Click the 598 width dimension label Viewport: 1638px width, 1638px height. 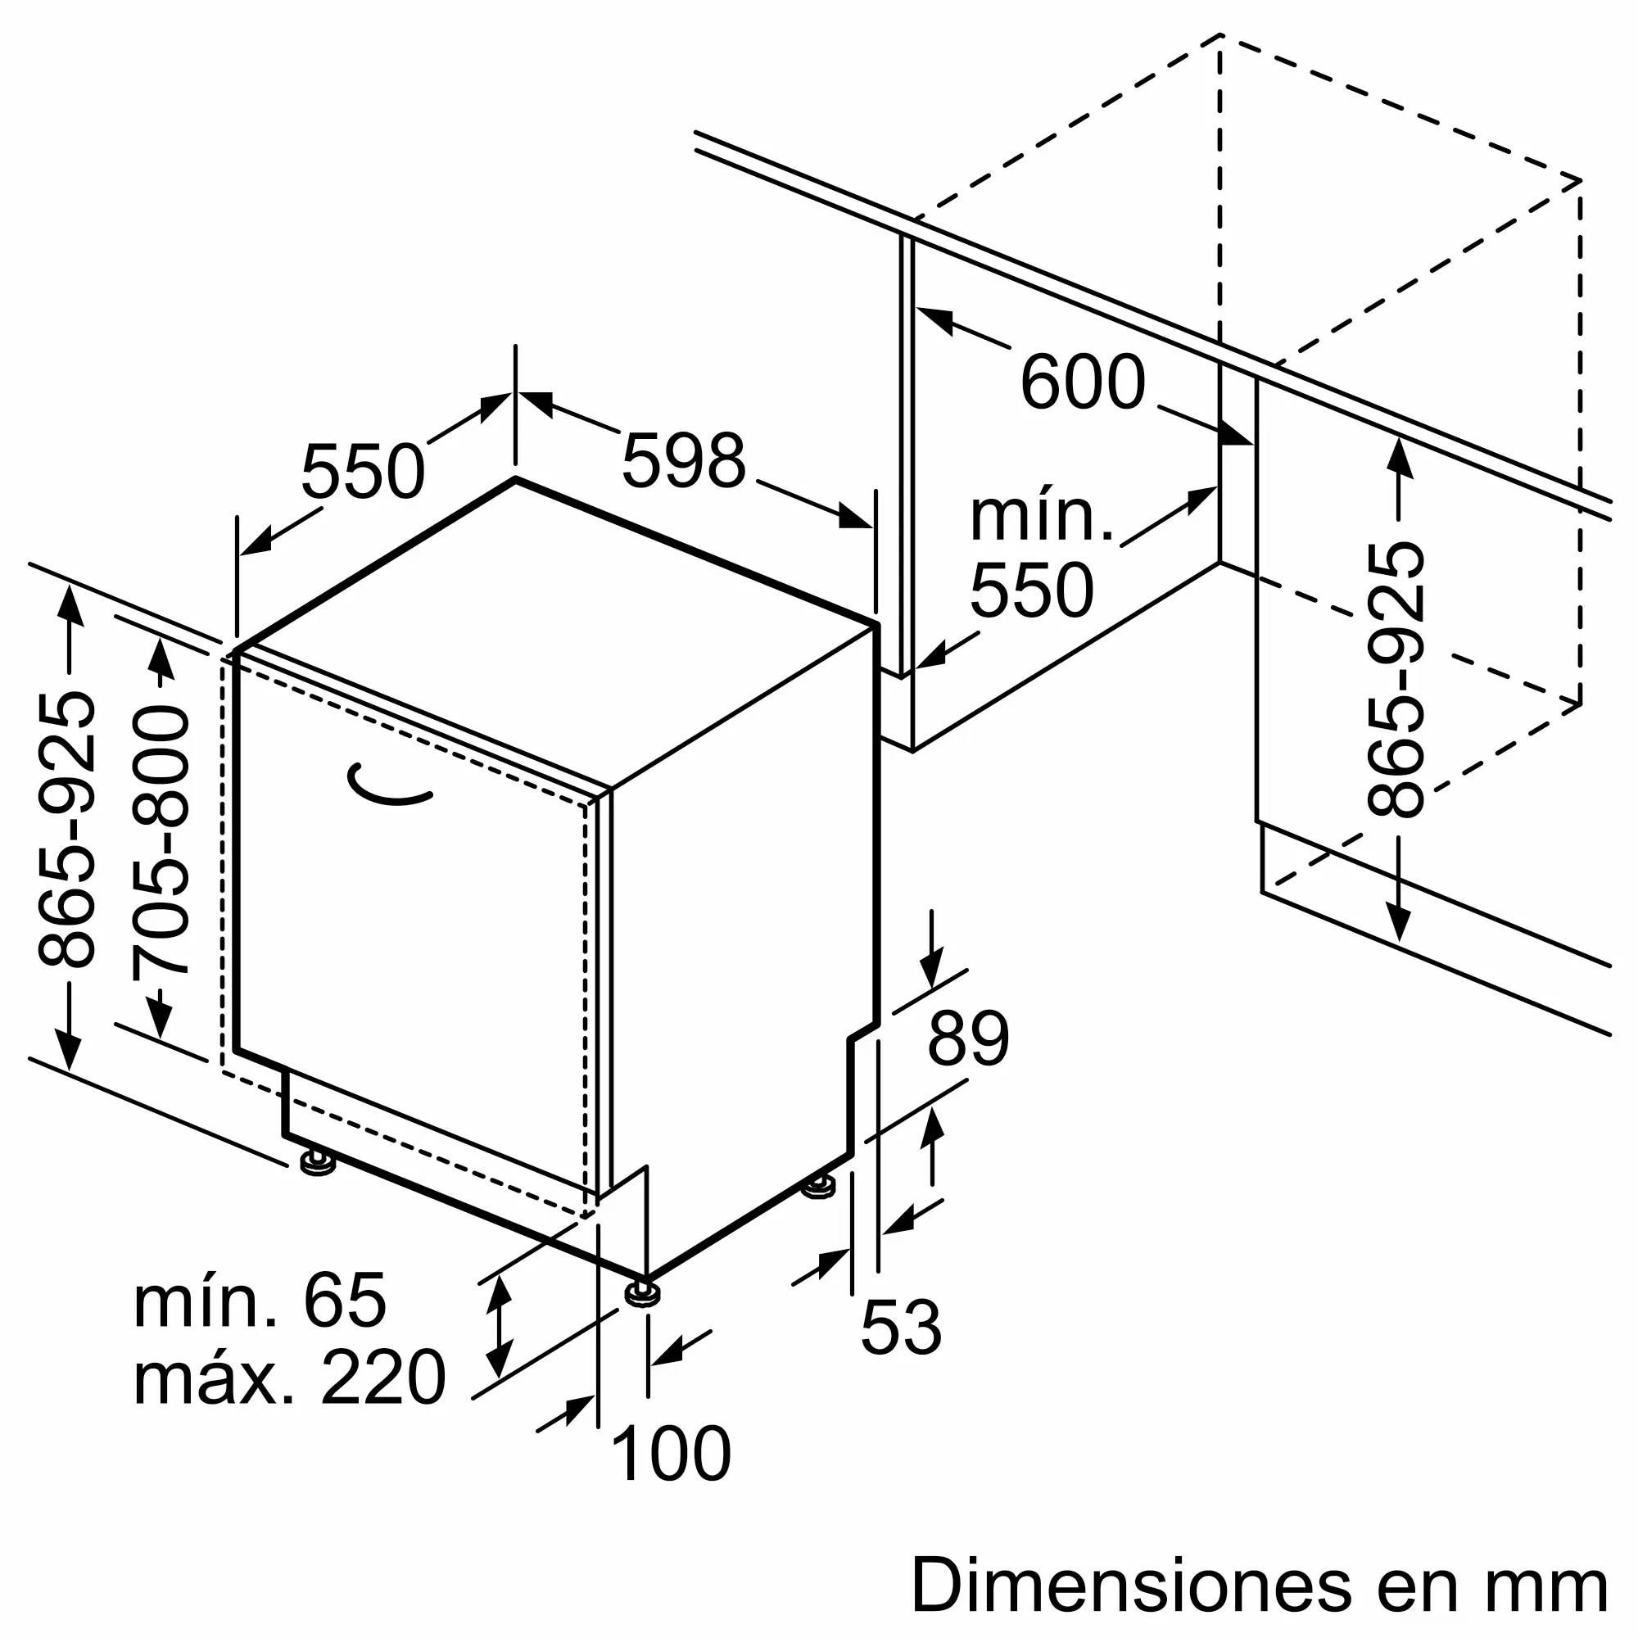[683, 460]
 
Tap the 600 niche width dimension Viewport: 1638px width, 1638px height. [1083, 382]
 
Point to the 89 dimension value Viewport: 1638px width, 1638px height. [968, 1038]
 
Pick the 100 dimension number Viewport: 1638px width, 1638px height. [670, 1455]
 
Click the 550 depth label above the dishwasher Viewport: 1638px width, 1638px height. [363, 473]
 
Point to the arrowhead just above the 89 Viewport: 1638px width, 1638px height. [932, 967]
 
